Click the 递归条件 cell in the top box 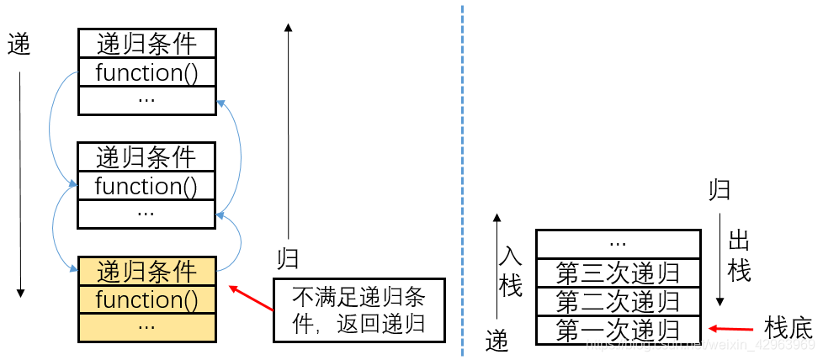146,44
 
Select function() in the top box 146,72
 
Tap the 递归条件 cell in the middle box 146,157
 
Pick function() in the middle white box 146,186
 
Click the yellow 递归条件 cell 146,271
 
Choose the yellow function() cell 146,299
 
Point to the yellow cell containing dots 146,326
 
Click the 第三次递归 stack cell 618,273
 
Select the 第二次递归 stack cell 618,301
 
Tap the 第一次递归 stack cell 618,329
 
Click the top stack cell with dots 618,244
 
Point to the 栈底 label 788,328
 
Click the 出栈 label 739,257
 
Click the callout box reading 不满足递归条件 359,310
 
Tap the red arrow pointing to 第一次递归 730,329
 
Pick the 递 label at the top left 19,44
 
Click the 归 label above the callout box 288,257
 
